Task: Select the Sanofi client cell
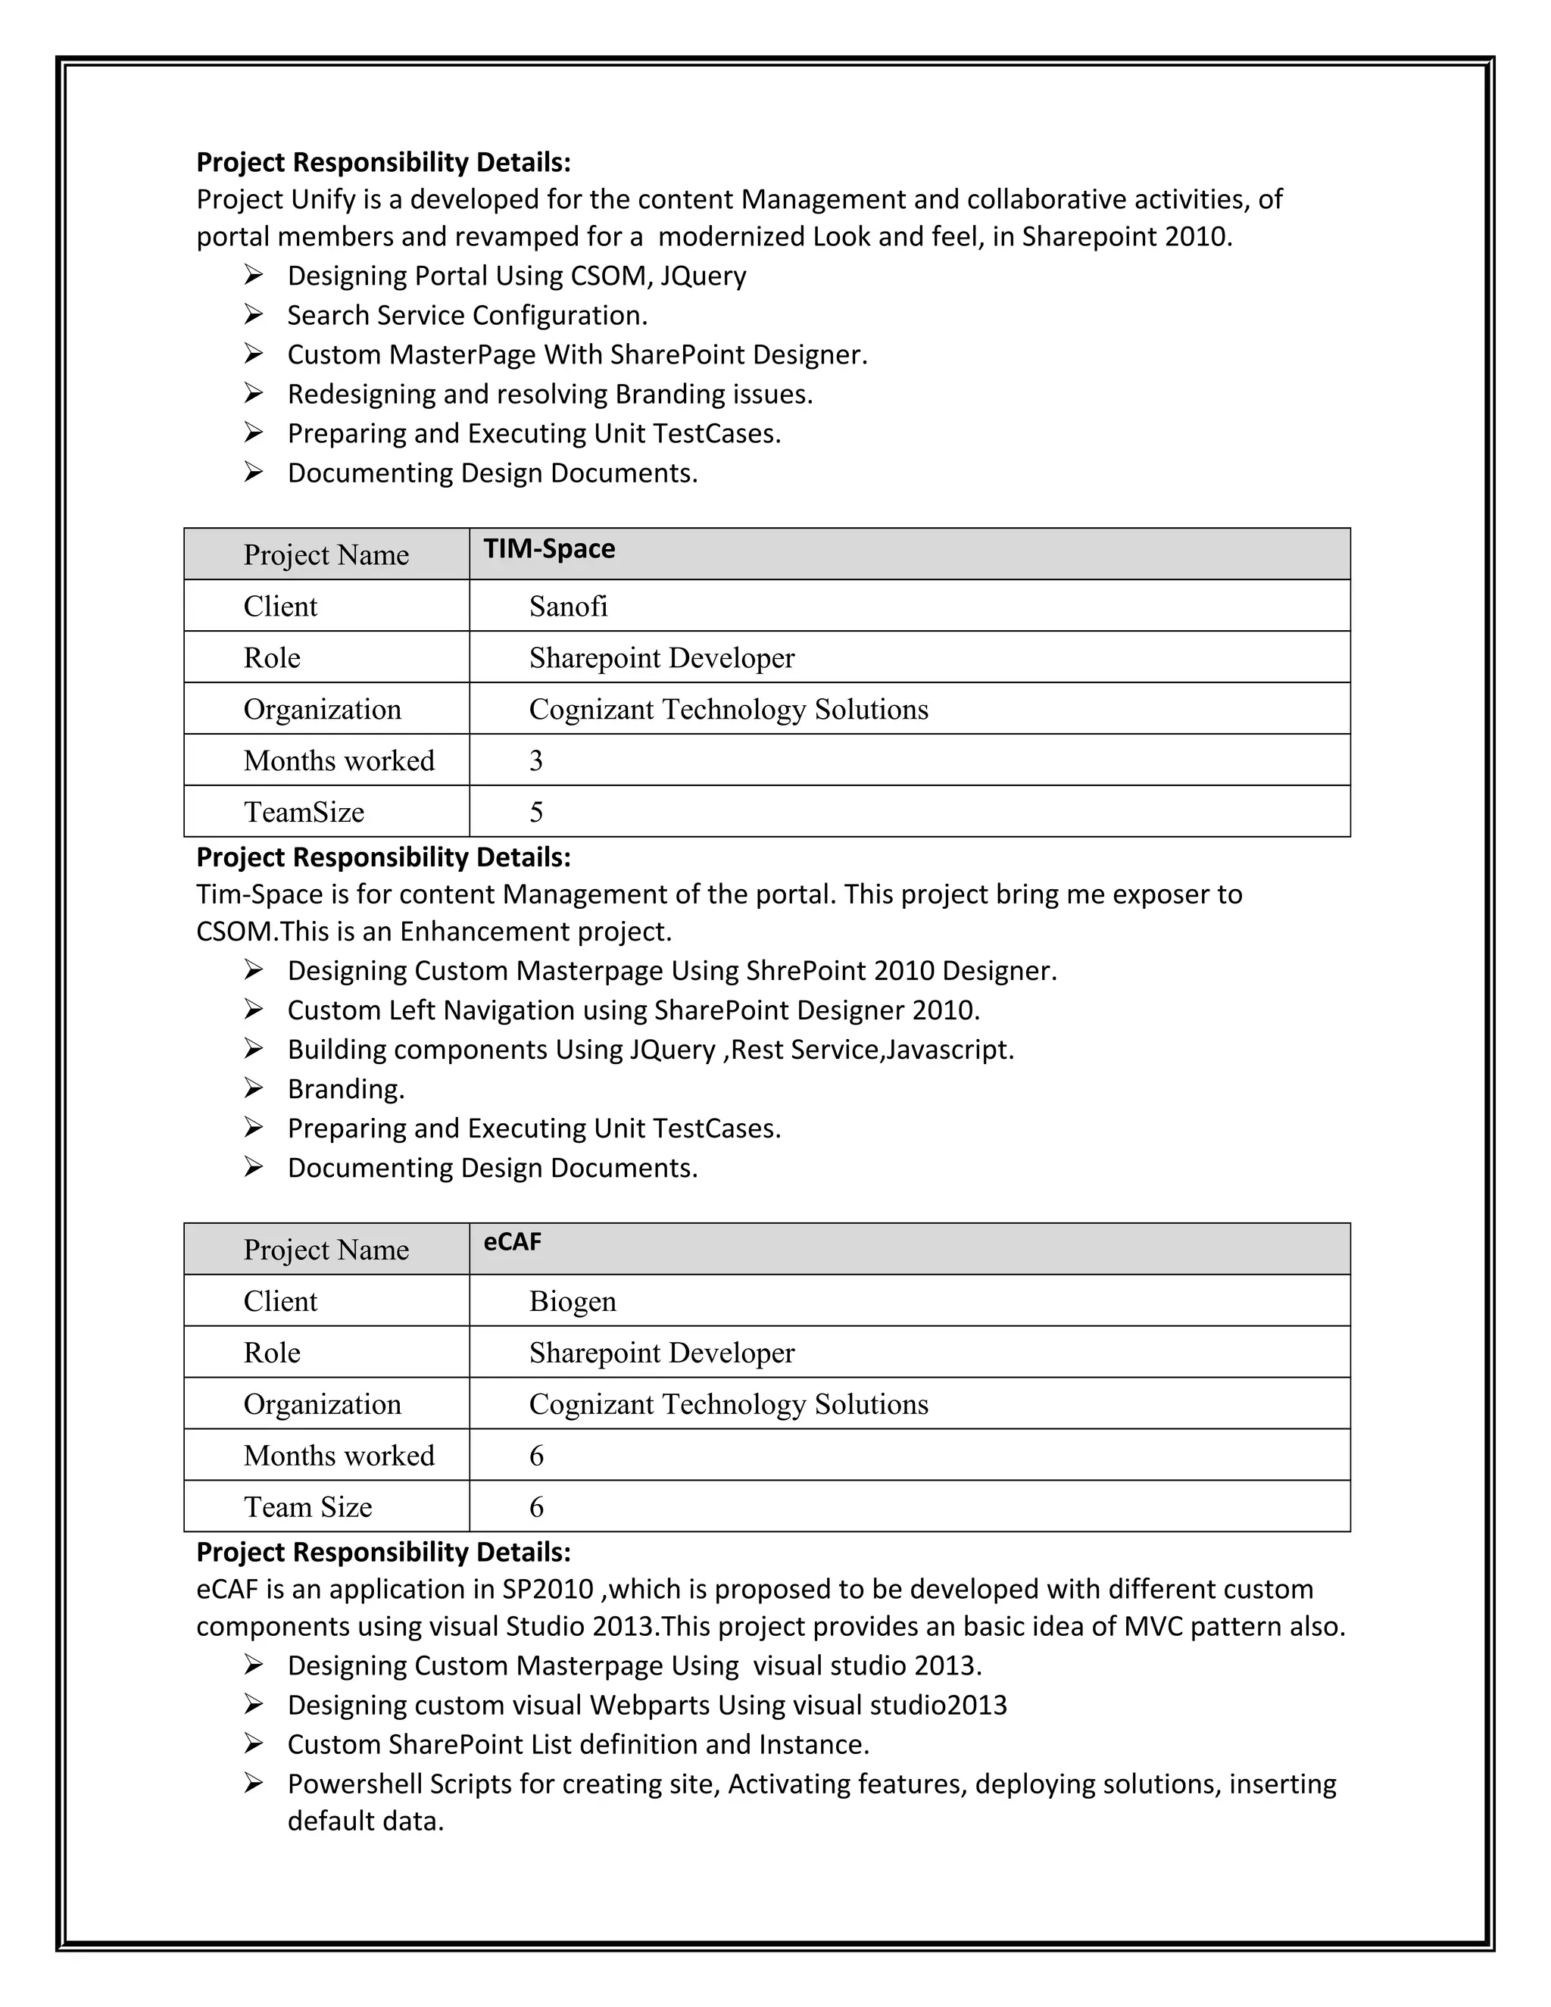point(568,607)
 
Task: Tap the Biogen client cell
point(572,1301)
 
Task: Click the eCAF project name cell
point(512,1242)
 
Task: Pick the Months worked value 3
point(535,761)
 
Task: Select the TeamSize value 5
point(535,813)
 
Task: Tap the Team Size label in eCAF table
point(307,1507)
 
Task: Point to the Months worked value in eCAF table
point(535,1456)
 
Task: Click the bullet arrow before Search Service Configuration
point(254,315)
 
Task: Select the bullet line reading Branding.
point(345,1089)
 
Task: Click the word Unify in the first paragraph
point(320,199)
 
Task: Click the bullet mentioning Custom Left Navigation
point(633,1010)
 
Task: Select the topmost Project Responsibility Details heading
point(383,163)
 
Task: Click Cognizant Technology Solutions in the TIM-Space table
point(728,710)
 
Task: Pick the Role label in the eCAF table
point(271,1353)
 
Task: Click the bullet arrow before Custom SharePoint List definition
point(254,1744)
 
